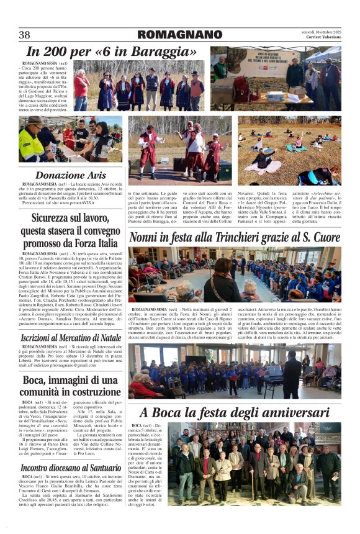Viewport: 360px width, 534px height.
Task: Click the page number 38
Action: (x=25, y=35)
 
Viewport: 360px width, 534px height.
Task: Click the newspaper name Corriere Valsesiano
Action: (x=323, y=38)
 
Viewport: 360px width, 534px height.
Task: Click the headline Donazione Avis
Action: (x=71, y=175)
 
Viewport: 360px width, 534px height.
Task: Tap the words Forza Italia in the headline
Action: (x=88, y=243)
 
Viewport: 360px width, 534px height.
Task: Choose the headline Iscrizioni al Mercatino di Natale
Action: (x=71, y=337)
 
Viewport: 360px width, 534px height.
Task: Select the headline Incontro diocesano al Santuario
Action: (x=71, y=467)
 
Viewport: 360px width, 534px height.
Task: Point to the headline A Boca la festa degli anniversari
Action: (x=235, y=412)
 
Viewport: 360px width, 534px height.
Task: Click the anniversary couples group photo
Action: (x=256, y=463)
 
